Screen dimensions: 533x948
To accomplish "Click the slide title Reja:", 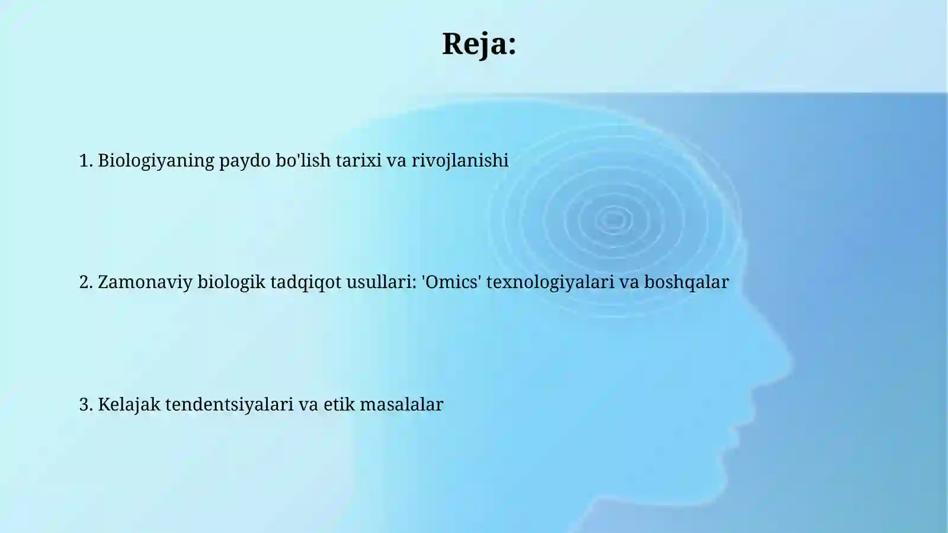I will pyautogui.click(x=479, y=44).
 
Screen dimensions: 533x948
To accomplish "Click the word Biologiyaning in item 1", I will pyautogui.click(x=156, y=161).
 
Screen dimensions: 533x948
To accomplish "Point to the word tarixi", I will pyautogui.click(x=358, y=161).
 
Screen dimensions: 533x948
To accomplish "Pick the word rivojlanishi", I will pyautogui.click(x=460, y=161).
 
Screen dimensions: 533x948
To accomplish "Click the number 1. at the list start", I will pyautogui.click(x=86, y=161).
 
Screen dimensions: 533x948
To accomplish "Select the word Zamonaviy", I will pyautogui.click(x=145, y=282).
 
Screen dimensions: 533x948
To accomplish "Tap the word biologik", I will pyautogui.click(x=231, y=282).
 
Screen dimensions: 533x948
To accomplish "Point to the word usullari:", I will pyautogui.click(x=382, y=282).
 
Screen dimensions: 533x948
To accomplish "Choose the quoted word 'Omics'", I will pyautogui.click(x=451, y=282).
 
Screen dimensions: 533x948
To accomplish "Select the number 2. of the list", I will pyautogui.click(x=86, y=282).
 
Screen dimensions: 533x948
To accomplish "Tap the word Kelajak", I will pyautogui.click(x=129, y=404).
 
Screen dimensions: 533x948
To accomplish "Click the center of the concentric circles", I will pyautogui.click(x=613, y=220).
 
